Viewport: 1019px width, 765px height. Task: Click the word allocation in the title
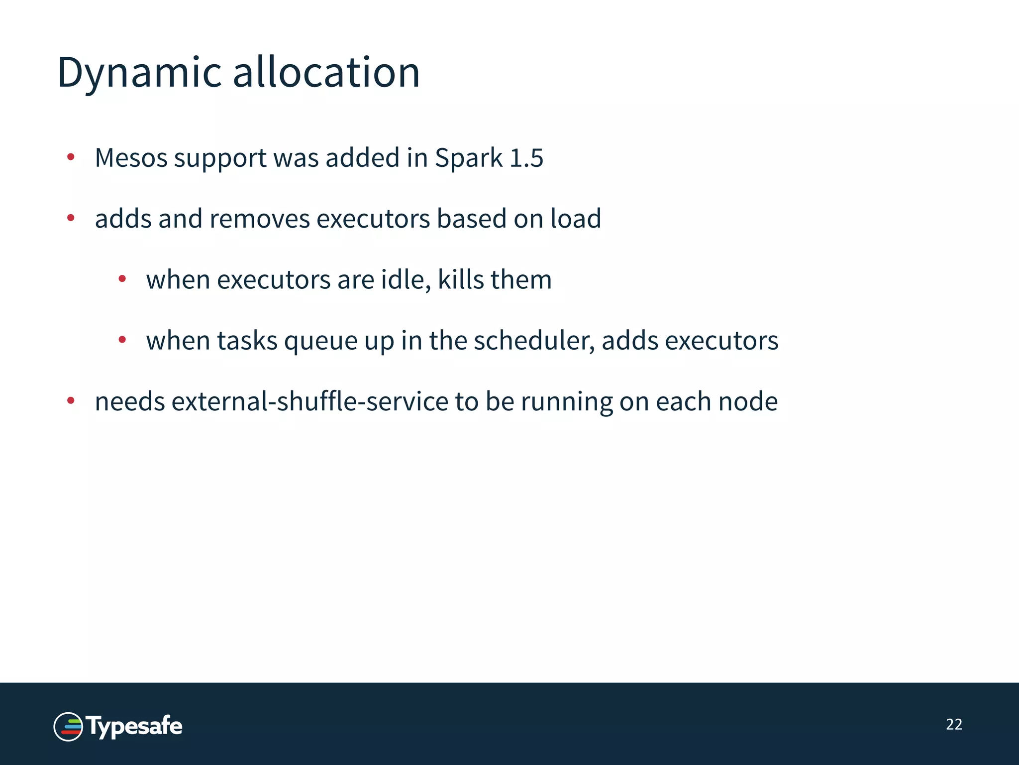click(x=326, y=73)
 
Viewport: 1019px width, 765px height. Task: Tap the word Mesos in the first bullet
click(x=131, y=158)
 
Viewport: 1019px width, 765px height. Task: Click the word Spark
click(x=469, y=159)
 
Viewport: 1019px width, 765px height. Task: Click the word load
click(x=576, y=219)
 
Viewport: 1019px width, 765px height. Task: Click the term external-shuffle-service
click(x=310, y=401)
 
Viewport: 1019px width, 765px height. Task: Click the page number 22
click(x=954, y=724)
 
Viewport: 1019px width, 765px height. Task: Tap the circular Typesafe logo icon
click(x=68, y=727)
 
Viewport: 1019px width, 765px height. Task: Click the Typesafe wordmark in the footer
click(x=134, y=727)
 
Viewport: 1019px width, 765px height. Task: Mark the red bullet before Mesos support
click(x=71, y=157)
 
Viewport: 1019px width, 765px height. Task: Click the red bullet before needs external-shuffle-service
click(x=71, y=400)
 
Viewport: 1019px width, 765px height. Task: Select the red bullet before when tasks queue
click(x=122, y=340)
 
